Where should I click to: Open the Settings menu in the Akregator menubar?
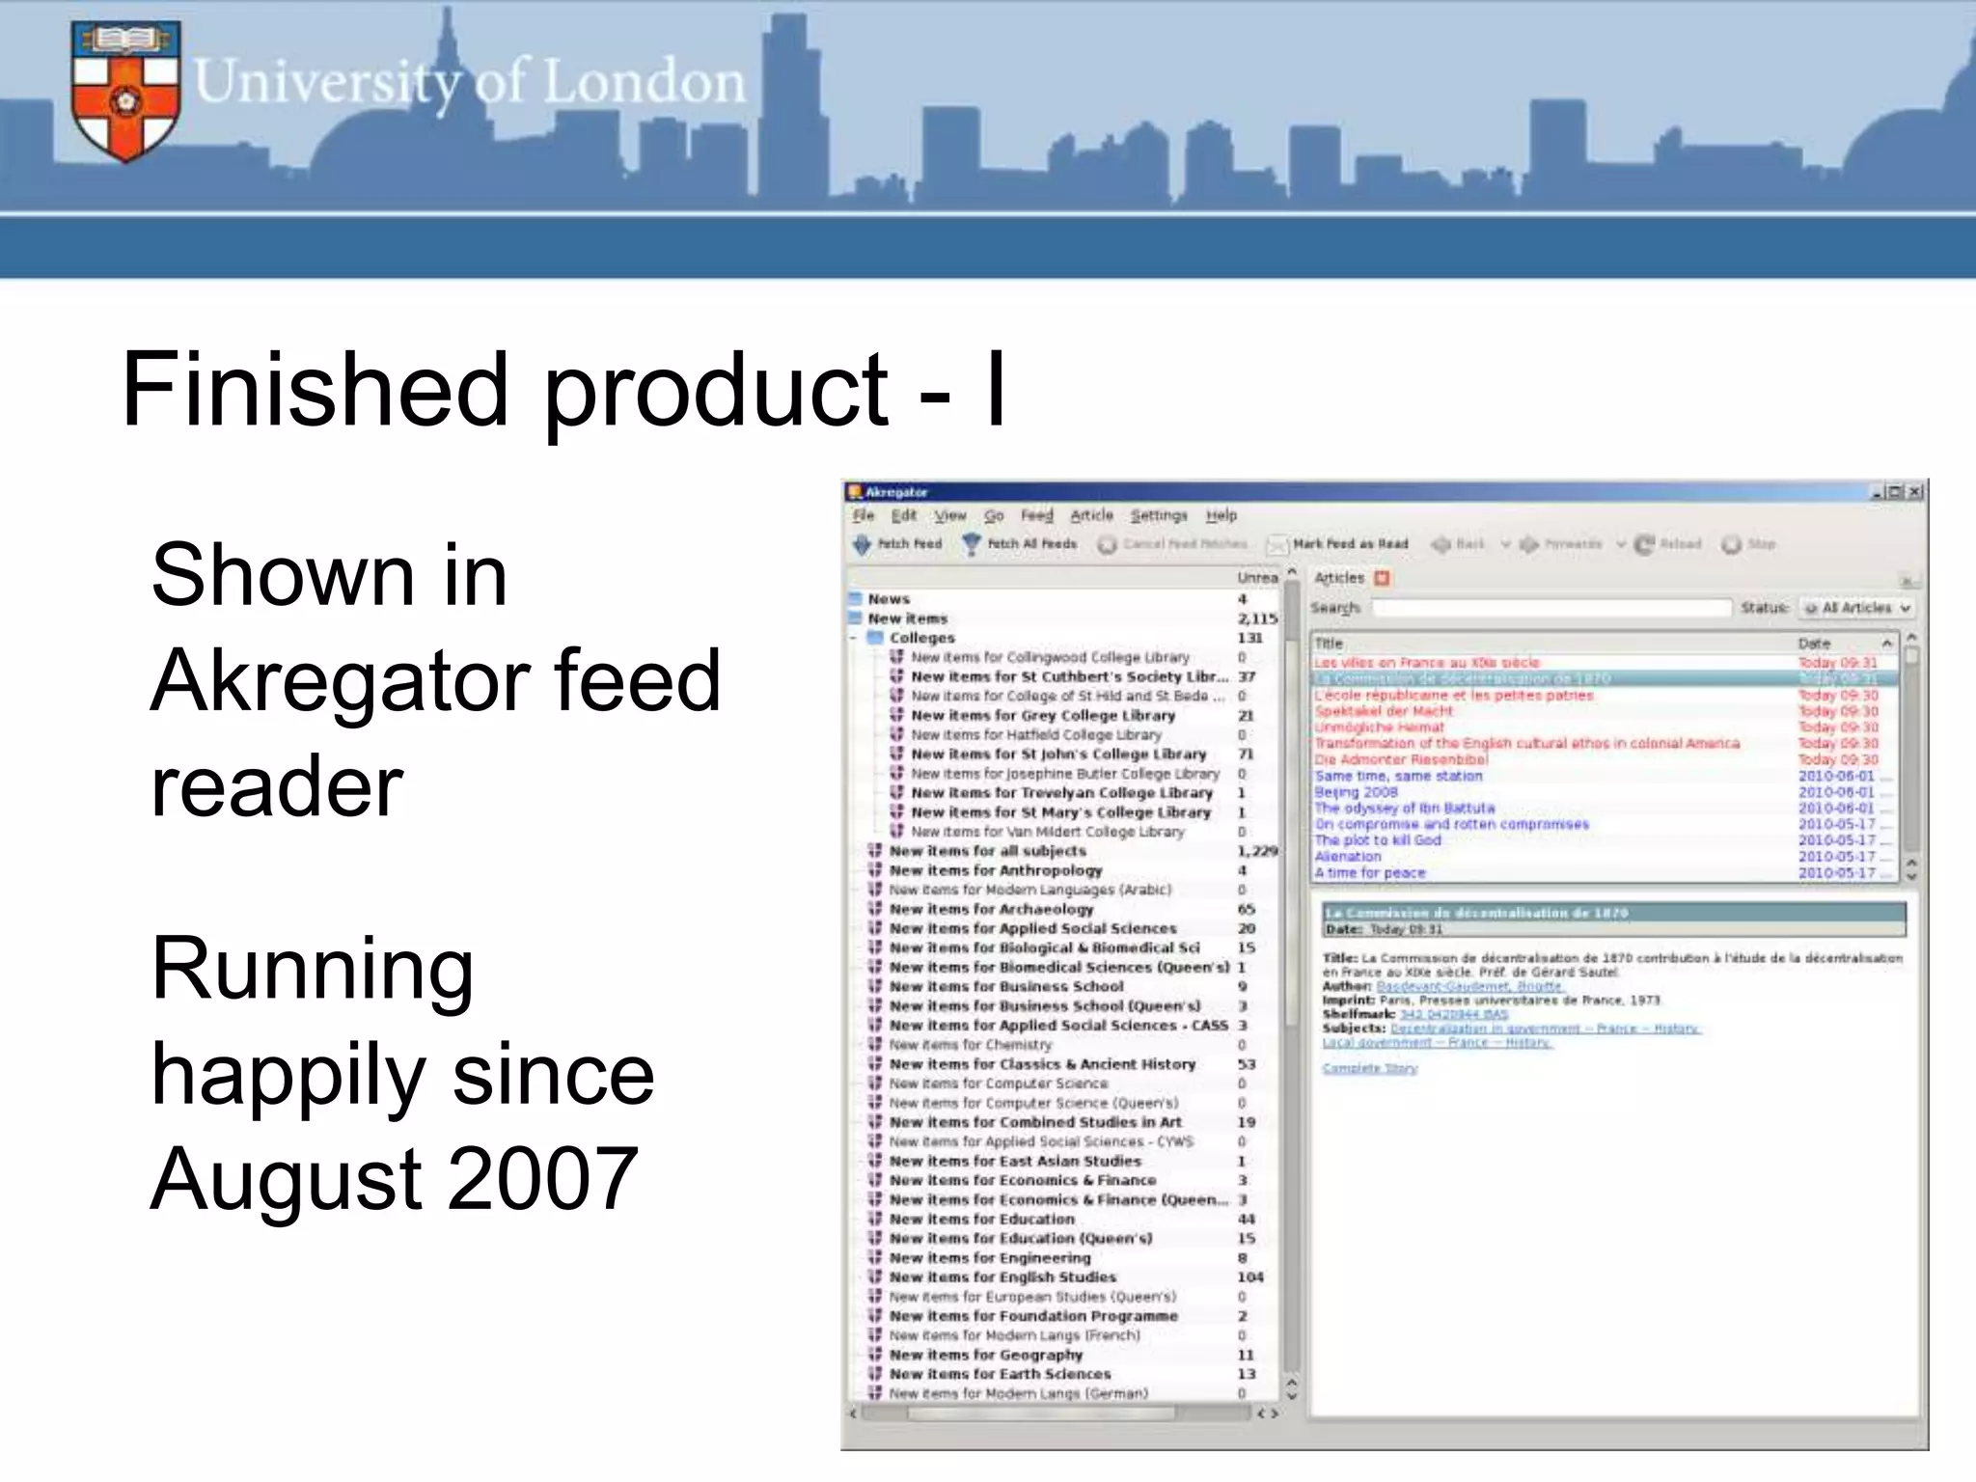(x=1159, y=516)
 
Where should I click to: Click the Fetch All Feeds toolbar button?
(x=1020, y=544)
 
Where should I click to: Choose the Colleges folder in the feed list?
(x=921, y=638)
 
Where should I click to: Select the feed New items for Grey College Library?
(x=1042, y=716)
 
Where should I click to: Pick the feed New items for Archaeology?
(x=991, y=909)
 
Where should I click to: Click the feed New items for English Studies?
(x=1002, y=1277)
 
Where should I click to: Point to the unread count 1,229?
(x=1256, y=851)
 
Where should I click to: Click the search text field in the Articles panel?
(x=1551, y=608)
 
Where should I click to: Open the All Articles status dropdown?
(x=1856, y=608)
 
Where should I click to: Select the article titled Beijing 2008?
(x=1356, y=792)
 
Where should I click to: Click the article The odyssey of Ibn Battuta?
(x=1404, y=809)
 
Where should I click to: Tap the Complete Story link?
(x=1369, y=1069)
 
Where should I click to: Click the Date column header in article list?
(x=1814, y=644)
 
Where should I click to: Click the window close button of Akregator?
(x=1915, y=492)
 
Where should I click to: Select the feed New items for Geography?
(x=985, y=1355)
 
